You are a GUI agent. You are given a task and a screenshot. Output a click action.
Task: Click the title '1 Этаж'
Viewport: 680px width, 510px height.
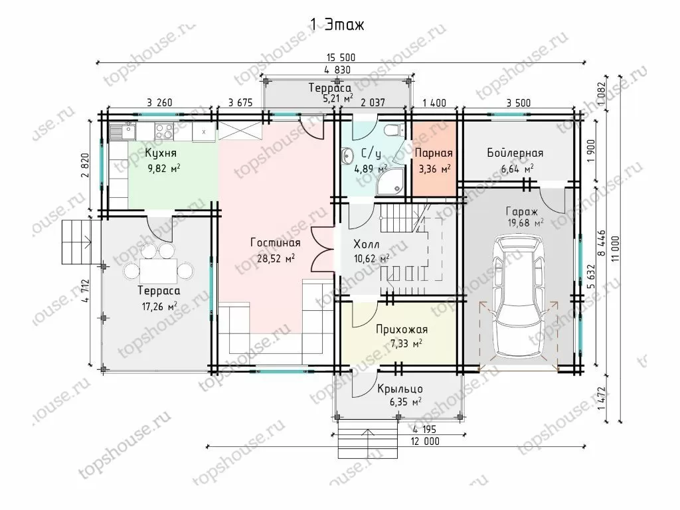(x=337, y=25)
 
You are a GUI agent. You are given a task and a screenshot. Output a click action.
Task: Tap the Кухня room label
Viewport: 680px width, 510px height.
(x=161, y=153)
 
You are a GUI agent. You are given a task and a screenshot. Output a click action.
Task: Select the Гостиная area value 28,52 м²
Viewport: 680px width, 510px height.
(x=275, y=259)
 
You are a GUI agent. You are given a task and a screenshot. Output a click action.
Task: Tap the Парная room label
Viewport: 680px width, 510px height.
(x=434, y=153)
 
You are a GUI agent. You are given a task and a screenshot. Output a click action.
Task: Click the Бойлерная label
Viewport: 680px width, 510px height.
(x=515, y=153)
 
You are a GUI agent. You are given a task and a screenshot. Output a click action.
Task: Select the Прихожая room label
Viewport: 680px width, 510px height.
(x=402, y=329)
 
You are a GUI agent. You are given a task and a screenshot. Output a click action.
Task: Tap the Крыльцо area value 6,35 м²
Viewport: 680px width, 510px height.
(x=406, y=402)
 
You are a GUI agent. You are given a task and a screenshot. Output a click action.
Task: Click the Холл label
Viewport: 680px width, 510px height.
(x=367, y=244)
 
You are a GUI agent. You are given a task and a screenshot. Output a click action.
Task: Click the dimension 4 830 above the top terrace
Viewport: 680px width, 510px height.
(x=337, y=69)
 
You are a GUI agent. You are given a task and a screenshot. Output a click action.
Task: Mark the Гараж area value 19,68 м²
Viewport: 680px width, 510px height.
(x=526, y=223)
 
